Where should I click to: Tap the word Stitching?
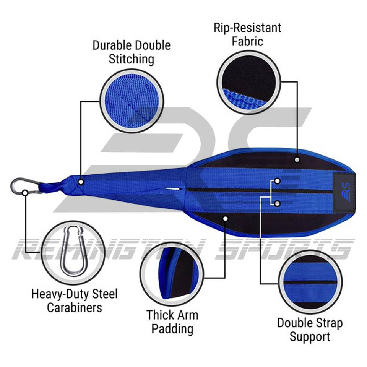coord(132,59)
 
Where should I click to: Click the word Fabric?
coord(248,41)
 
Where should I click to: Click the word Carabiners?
coord(74,307)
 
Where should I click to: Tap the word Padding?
coord(172,328)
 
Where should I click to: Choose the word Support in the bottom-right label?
coord(310,337)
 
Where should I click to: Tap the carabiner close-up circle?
coord(72,251)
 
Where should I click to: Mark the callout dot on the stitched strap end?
coord(81,181)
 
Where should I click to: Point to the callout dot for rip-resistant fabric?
coord(297,159)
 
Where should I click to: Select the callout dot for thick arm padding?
coord(225,218)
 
